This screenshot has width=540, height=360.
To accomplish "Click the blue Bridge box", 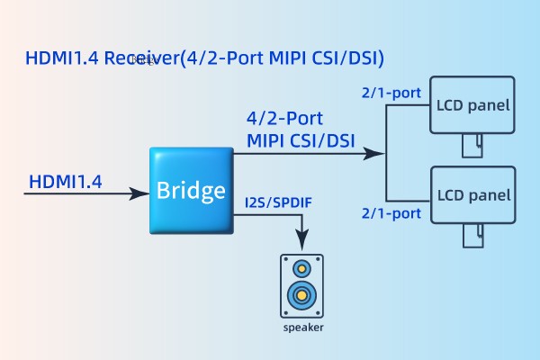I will [x=191, y=190].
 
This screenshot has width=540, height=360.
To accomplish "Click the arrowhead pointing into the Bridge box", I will [x=141, y=193].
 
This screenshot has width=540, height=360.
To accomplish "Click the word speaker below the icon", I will [x=302, y=328].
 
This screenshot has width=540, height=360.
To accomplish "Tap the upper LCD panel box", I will [x=473, y=105].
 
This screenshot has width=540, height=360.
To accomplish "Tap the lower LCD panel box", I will [x=473, y=194].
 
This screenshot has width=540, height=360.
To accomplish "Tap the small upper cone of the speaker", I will [x=302, y=268].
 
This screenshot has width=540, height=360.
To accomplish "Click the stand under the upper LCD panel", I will [x=472, y=145].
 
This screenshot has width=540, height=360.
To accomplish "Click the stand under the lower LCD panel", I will [x=472, y=234].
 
